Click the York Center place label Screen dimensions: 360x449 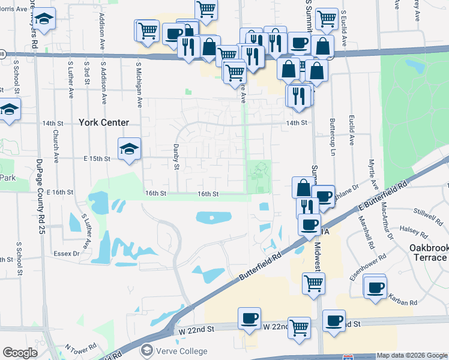(x=103, y=122)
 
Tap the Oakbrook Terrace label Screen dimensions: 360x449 (x=420, y=253)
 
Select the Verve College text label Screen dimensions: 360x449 (x=181, y=351)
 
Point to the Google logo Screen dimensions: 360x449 (x=20, y=353)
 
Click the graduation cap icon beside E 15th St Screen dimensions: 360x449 (x=129, y=149)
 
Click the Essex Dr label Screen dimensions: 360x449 (x=68, y=254)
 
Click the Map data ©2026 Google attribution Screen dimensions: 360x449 (x=412, y=355)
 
